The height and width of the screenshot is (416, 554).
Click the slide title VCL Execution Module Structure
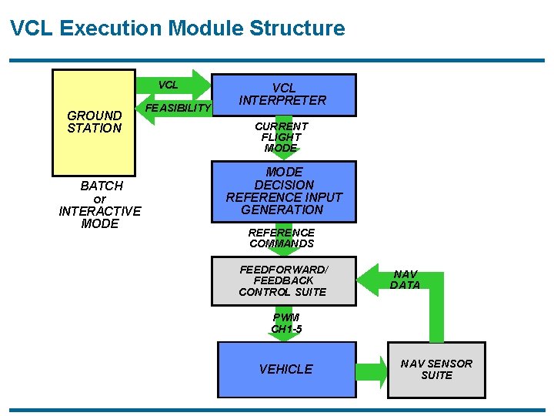(x=178, y=29)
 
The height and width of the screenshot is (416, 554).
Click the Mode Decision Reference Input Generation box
(x=285, y=191)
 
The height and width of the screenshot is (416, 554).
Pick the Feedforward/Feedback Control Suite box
(x=285, y=280)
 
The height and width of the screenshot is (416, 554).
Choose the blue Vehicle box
(x=286, y=370)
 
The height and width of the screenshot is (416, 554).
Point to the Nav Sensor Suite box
(x=436, y=370)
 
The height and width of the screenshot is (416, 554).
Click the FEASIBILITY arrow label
(x=178, y=108)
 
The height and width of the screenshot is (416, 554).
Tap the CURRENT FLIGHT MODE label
(x=282, y=137)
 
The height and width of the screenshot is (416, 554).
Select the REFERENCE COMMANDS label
(x=282, y=238)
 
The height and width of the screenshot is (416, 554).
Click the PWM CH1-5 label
(x=286, y=324)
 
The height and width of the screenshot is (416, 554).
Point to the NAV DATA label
(x=405, y=280)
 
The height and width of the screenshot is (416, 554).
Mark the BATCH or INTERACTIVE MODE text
(x=100, y=205)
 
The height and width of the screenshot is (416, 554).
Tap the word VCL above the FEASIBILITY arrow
(x=168, y=85)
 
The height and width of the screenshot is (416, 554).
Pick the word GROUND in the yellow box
(x=95, y=116)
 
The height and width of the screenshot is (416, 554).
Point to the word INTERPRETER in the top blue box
(x=282, y=100)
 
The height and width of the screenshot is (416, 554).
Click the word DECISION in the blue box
(x=284, y=185)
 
